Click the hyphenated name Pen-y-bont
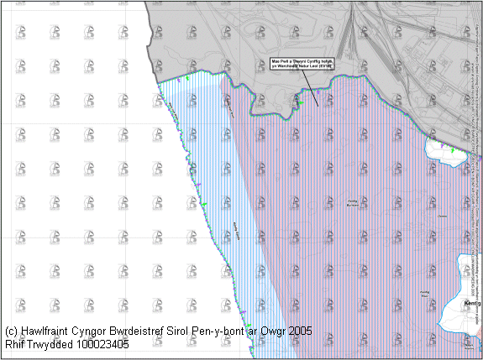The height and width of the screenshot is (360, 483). point(231,331)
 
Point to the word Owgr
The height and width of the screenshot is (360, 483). point(280,331)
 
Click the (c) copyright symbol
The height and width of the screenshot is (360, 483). point(11,331)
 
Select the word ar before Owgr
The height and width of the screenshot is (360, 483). point(260,331)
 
